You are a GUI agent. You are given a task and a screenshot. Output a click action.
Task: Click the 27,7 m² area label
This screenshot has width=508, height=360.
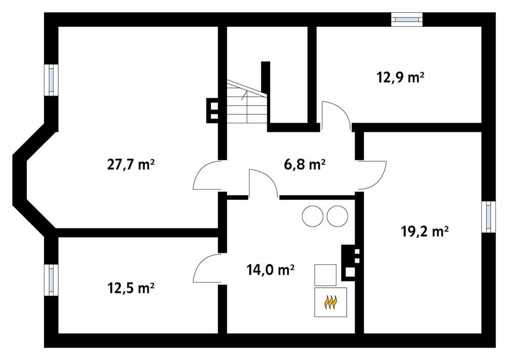coord(131,165)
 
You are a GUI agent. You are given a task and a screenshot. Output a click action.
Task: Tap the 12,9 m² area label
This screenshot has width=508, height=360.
coord(400,77)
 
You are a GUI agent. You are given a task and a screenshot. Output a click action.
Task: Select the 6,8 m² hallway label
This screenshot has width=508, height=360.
coord(303,165)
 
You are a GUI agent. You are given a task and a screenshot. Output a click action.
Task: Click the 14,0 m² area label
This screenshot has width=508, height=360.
coord(271,269)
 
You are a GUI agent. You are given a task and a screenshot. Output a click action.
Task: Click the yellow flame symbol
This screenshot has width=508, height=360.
coord(331,302)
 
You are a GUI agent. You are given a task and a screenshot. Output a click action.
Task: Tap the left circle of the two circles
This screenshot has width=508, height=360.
coord(312,216)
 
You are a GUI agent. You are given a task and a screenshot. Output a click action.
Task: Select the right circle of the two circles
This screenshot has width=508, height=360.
coord(337,216)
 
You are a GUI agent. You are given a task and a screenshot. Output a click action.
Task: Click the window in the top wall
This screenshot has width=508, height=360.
coord(407,19)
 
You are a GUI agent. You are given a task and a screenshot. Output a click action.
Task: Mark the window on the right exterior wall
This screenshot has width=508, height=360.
coord(488,216)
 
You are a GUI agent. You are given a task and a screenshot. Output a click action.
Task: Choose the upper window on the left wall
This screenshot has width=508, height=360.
coord(51,79)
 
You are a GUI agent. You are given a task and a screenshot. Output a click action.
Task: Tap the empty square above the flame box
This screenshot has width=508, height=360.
coord(326,275)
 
